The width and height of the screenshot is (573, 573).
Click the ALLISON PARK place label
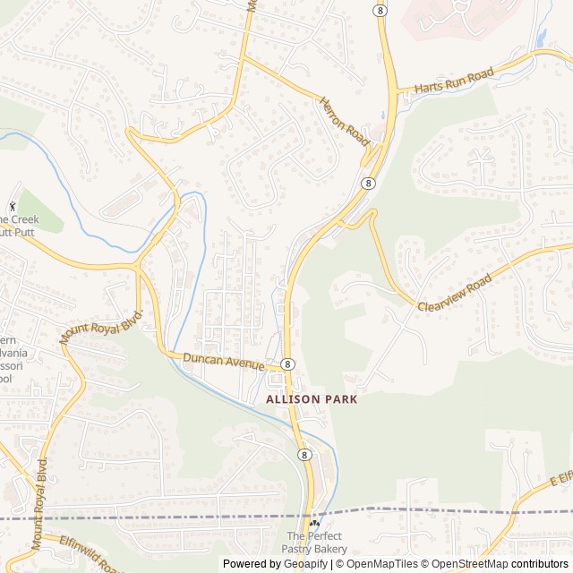click(311, 399)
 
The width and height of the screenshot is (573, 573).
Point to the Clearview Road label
click(455, 293)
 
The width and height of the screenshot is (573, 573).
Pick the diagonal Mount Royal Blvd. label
click(101, 327)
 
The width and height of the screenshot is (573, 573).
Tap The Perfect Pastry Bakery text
click(316, 542)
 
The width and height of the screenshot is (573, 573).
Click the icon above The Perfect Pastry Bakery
click(314, 523)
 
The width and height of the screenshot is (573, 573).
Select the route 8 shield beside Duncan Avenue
click(287, 364)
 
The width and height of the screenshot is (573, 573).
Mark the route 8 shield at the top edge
click(381, 9)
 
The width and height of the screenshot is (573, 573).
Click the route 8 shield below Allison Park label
click(305, 455)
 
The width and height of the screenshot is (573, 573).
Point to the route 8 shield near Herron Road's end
click(368, 183)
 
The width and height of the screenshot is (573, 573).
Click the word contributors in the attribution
click(540, 564)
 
